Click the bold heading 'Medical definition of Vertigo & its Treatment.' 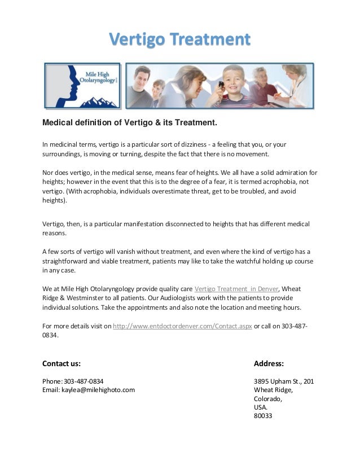130,122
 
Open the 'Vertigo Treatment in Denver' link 240,288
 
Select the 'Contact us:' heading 62,363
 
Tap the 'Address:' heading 269,363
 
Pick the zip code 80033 263,416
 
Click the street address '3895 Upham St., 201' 284,381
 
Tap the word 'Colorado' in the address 268,398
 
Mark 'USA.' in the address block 261,407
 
